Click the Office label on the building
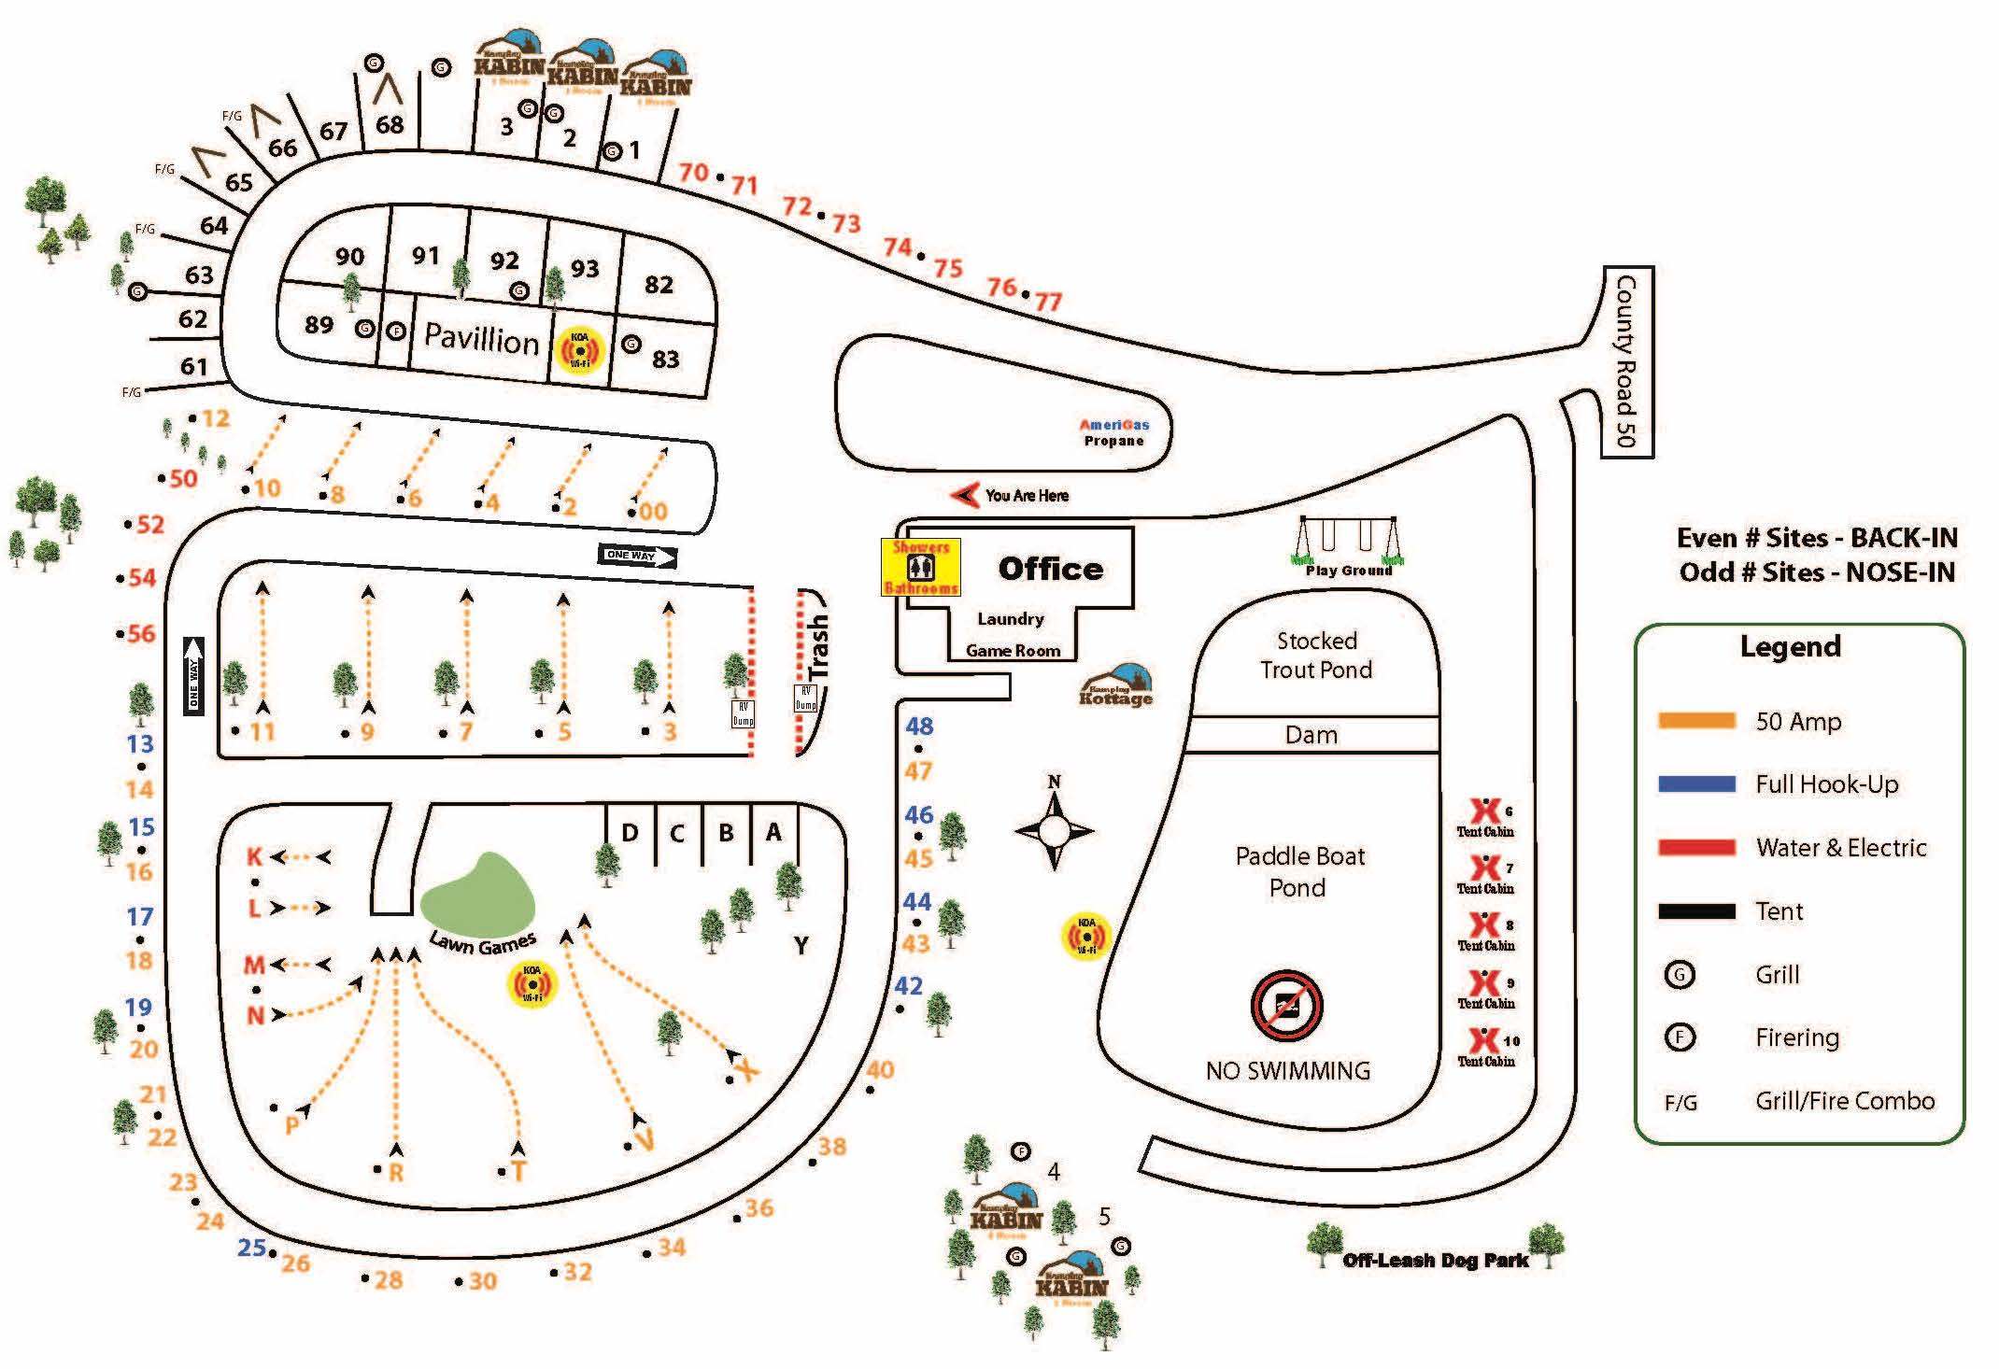(1050, 569)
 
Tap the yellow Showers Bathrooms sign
(921, 567)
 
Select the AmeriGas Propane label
(1113, 432)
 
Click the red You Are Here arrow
(964, 495)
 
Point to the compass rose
(1055, 829)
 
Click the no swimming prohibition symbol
(1286, 1006)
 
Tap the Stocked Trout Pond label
(1316, 655)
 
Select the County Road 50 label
(1626, 361)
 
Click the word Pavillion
(481, 337)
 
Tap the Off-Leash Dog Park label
(1435, 1261)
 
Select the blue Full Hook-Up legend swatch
(1696, 784)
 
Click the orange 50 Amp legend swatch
(1696, 721)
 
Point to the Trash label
(817, 645)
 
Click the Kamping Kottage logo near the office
(1116, 686)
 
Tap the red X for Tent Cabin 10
(1483, 1039)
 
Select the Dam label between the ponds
(1311, 735)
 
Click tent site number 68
(390, 124)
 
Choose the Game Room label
(1013, 651)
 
